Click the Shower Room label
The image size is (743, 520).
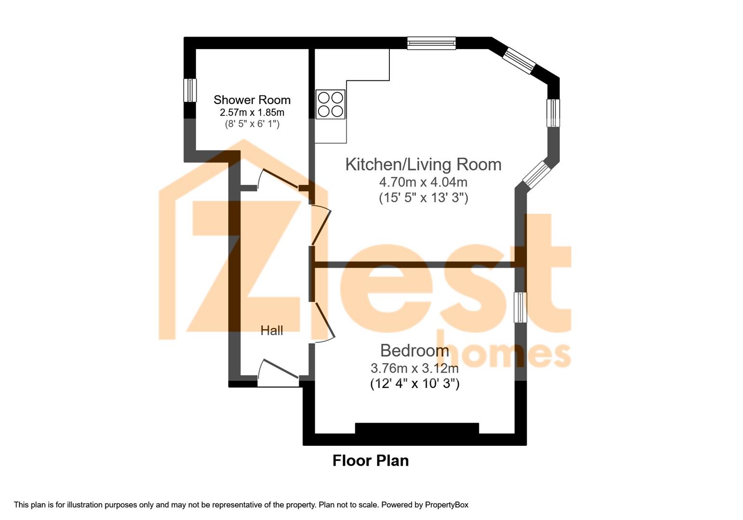pyautogui.click(x=252, y=100)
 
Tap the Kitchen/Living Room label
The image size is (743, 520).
pyautogui.click(x=423, y=164)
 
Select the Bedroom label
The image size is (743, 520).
pyautogui.click(x=414, y=351)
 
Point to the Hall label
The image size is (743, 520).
pyautogui.click(x=272, y=330)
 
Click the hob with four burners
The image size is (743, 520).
pyautogui.click(x=331, y=104)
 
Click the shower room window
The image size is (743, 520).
pyautogui.click(x=190, y=90)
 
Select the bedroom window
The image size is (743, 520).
pyautogui.click(x=520, y=307)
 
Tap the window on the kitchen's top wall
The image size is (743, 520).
pyautogui.click(x=432, y=43)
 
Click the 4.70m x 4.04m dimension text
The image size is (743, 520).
pyautogui.click(x=423, y=182)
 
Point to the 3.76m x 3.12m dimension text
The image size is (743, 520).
pyautogui.click(x=414, y=368)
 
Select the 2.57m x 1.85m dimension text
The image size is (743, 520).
pyautogui.click(x=252, y=112)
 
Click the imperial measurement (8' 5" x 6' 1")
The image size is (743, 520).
pyautogui.click(x=252, y=124)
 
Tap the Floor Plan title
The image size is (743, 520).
pyautogui.click(x=371, y=461)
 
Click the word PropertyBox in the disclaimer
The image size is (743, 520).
pyautogui.click(x=447, y=505)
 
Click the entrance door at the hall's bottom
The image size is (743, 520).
pyautogui.click(x=278, y=373)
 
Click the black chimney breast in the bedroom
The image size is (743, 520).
pyautogui.click(x=417, y=428)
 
